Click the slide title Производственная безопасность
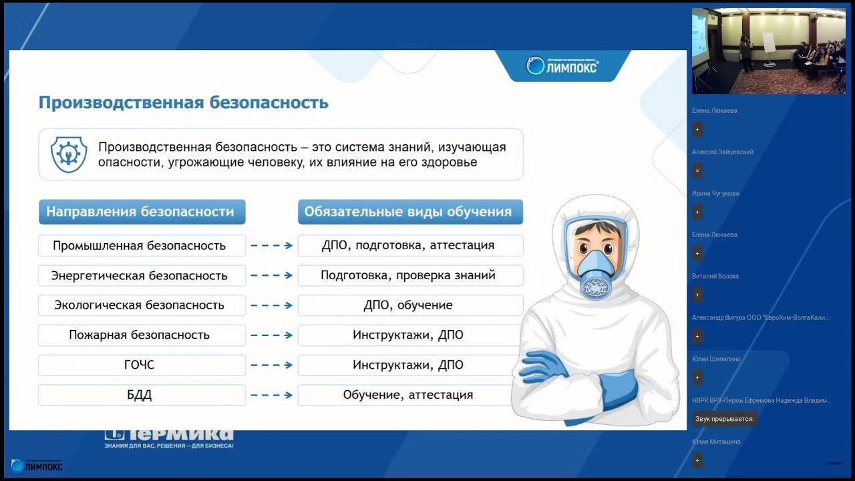tap(183, 103)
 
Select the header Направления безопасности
tap(142, 212)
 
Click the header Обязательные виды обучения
tap(409, 212)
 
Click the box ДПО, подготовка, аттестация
tap(409, 245)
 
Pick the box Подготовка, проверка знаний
tap(409, 275)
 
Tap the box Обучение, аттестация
tap(409, 395)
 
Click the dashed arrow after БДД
tap(271, 395)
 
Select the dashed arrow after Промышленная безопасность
tap(271, 245)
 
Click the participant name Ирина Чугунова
tap(715, 194)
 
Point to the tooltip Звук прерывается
tap(725, 420)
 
